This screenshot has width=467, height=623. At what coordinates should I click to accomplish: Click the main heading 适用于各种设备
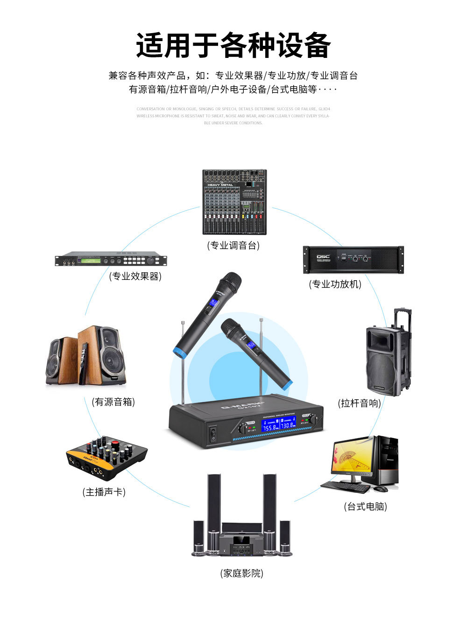233,46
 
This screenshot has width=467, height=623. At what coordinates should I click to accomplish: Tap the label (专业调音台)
233,246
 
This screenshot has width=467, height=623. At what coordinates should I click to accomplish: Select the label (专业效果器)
135,276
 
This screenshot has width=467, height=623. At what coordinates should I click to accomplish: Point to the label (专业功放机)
335,284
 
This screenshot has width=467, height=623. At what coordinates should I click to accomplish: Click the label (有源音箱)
113,402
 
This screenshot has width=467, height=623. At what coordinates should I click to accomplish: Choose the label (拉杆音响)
359,403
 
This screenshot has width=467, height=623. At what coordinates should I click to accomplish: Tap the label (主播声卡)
104,492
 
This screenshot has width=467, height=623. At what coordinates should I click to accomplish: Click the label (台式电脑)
365,507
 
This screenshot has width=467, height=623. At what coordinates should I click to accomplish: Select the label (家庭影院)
241,573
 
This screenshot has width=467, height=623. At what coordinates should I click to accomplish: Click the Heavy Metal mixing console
234,202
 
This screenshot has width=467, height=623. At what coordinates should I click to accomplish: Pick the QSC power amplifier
353,260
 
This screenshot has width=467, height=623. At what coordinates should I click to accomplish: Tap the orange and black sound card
106,459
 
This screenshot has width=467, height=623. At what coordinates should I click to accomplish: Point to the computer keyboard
346,487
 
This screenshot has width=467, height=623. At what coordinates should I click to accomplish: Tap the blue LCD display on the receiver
278,425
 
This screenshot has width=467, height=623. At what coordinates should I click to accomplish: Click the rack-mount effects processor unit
111,259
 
